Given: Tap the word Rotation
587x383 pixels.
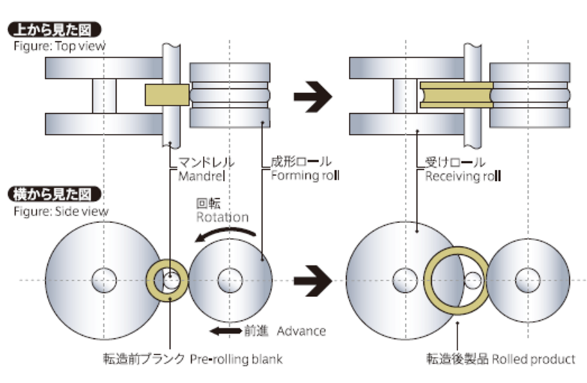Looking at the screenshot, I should pos(222,217).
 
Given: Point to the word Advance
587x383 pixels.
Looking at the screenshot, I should pos(301,330).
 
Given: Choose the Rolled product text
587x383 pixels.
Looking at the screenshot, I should pos(533,359).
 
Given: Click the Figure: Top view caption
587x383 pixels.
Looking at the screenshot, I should pos(59,46).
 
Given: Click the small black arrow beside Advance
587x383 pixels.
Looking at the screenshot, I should pos(225,330).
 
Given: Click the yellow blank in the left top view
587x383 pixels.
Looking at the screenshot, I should pos(166,94).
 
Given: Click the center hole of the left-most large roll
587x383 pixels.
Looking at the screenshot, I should pos(101,281).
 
